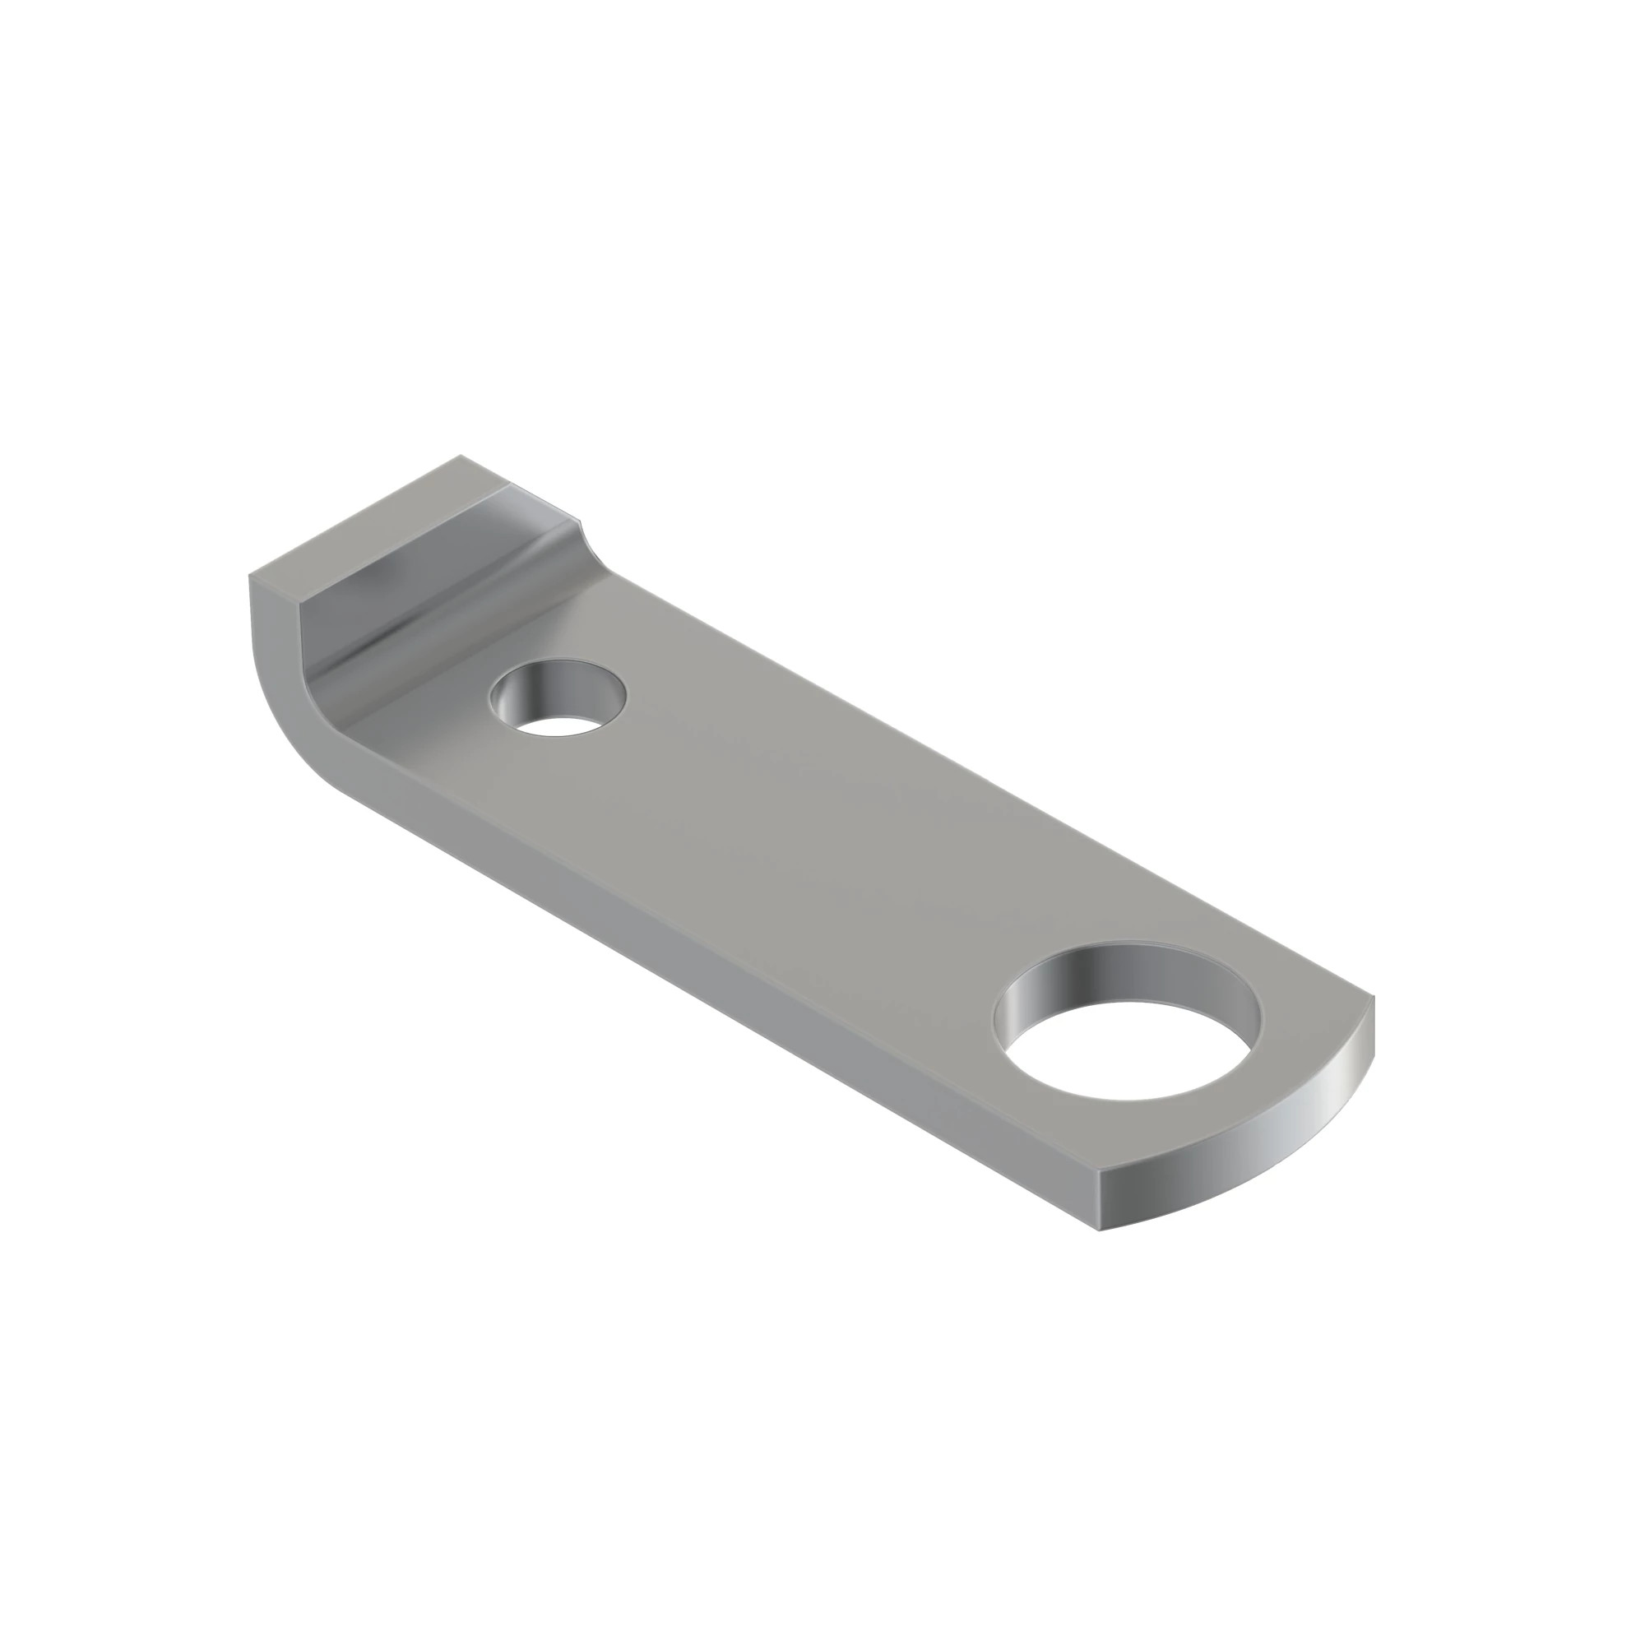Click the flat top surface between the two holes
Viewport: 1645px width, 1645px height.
[x=809, y=834]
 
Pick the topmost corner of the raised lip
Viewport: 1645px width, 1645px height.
[x=461, y=456]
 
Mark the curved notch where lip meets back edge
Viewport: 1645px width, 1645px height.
[x=587, y=545]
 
